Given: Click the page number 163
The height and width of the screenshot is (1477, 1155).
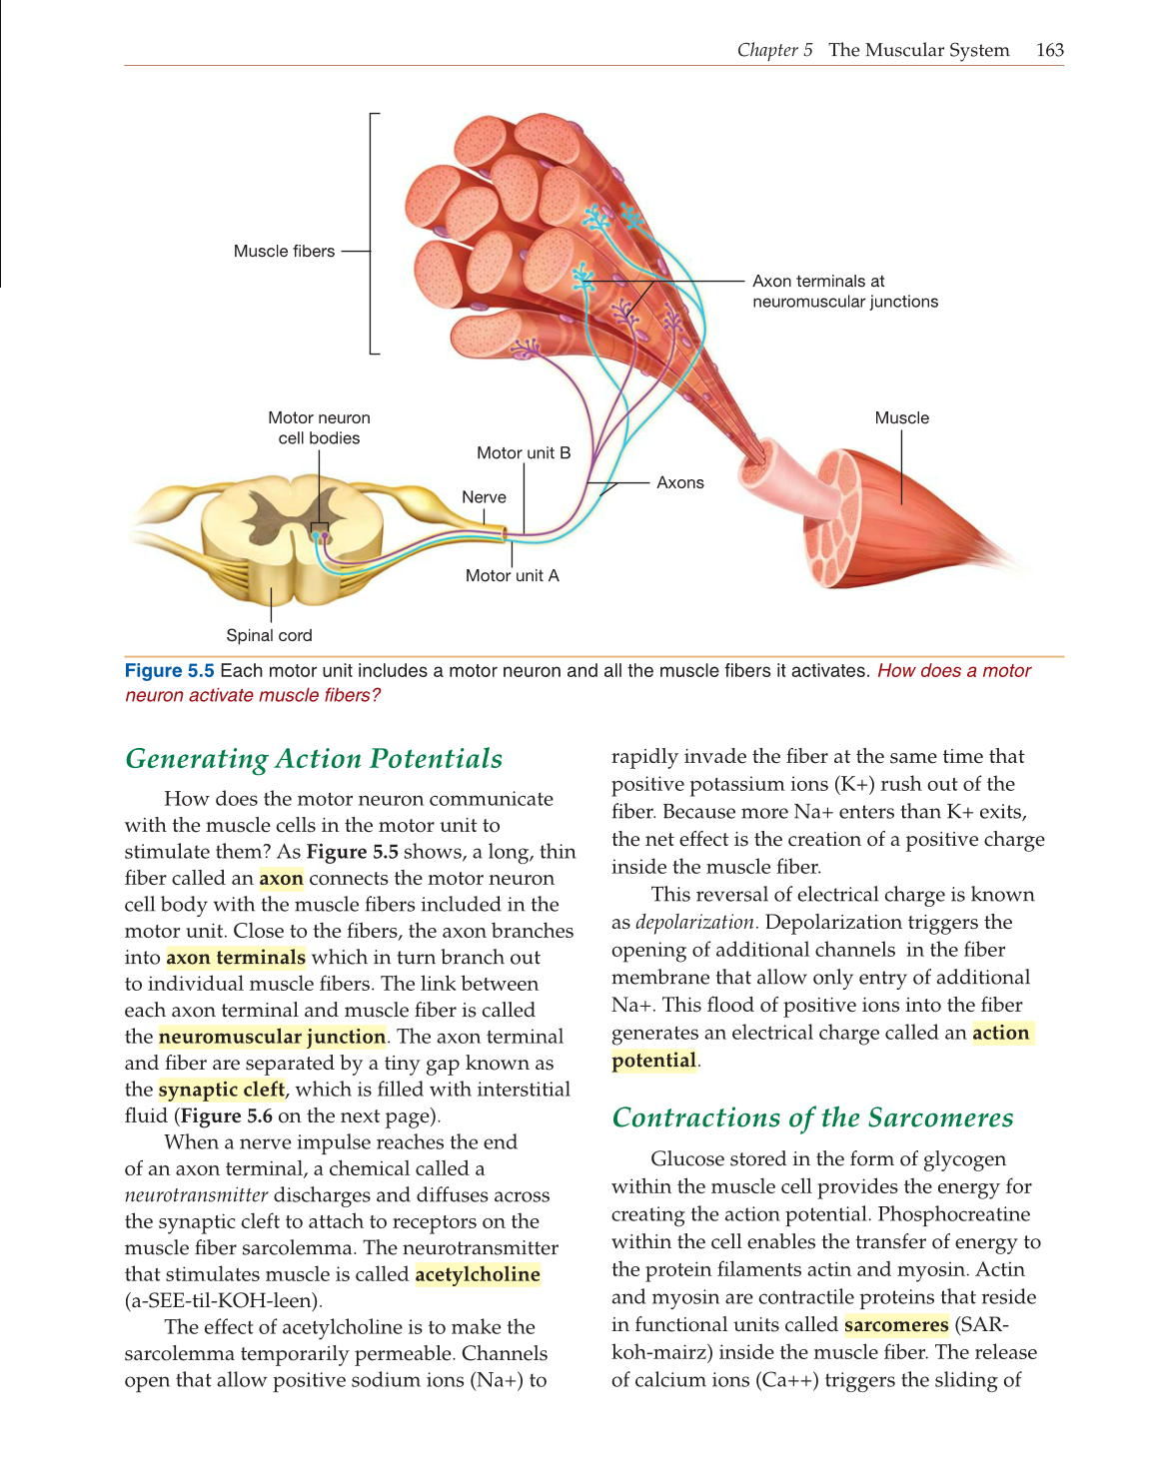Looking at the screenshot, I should (1050, 50).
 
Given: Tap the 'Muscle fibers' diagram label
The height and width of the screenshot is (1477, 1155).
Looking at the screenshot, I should (284, 252).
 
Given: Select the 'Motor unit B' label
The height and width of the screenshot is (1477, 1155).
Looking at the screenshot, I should (524, 453).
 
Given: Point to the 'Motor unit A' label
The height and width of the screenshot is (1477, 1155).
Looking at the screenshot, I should (512, 576).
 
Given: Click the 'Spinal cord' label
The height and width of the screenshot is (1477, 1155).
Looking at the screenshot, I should (269, 636).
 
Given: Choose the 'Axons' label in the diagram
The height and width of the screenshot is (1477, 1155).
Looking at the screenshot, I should (679, 483).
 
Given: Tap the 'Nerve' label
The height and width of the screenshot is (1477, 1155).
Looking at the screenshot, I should (484, 497).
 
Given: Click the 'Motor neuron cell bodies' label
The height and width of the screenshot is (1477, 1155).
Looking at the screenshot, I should (319, 428).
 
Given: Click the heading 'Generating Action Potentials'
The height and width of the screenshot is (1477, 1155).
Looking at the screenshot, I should (314, 759).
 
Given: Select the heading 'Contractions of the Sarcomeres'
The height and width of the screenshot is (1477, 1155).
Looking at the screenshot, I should (812, 1117).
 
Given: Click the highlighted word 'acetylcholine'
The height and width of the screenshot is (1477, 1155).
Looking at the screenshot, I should (478, 1275).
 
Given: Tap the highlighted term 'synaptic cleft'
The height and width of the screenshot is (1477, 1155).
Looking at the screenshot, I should (222, 1091).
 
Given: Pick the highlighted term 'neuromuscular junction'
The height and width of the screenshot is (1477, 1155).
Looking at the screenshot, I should (272, 1038).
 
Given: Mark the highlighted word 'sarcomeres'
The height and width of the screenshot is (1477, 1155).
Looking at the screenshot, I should (896, 1325).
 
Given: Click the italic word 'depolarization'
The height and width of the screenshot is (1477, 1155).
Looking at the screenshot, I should (694, 923).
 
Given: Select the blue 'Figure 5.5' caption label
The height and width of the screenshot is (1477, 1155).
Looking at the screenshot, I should (169, 671).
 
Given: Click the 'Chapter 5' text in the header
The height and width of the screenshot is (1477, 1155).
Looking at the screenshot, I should (774, 50).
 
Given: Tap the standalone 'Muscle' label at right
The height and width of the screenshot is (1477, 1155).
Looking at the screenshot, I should (901, 418).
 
